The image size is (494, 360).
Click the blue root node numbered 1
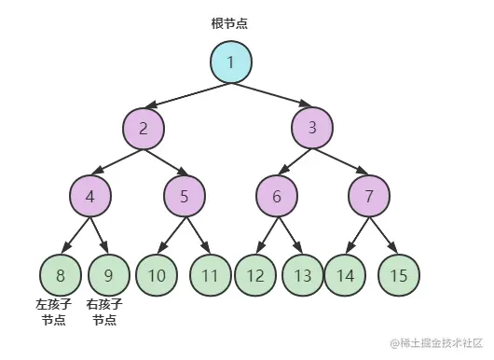(230, 62)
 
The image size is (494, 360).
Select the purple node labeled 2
(144, 129)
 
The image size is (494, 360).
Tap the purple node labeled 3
(312, 129)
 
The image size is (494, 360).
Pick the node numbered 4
(90, 196)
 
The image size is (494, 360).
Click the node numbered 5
(185, 196)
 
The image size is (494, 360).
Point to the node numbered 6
(277, 196)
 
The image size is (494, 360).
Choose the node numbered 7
(370, 196)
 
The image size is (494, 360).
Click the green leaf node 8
(61, 275)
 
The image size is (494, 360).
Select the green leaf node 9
(109, 275)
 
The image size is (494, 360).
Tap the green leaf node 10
(157, 275)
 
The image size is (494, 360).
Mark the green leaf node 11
(211, 275)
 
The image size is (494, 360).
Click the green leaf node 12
(254, 275)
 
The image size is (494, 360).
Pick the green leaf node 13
(302, 275)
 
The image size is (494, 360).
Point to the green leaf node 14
(345, 275)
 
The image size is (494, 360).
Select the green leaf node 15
(400, 275)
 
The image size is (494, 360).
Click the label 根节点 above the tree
(230, 22)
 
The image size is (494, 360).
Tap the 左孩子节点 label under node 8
(54, 312)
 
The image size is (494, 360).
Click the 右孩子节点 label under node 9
(105, 312)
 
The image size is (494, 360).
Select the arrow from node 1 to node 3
(271, 95)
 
